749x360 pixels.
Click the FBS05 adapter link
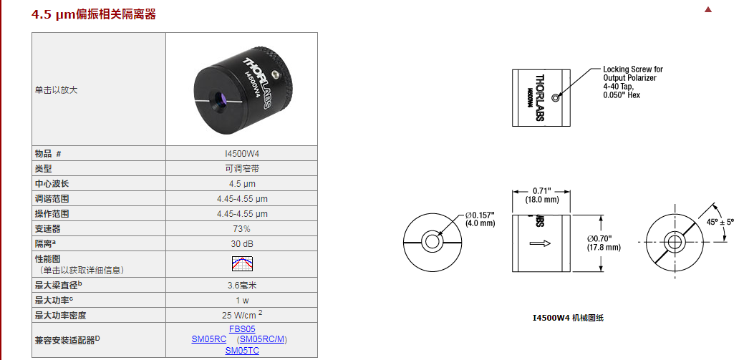click(x=242, y=329)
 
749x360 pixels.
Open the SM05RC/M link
click(x=263, y=339)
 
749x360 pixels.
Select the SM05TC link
click(x=242, y=351)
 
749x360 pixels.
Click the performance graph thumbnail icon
click(x=242, y=263)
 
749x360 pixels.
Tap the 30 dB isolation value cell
click(x=242, y=243)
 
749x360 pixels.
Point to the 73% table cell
click(x=242, y=229)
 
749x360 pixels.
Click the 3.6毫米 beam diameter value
click(x=242, y=285)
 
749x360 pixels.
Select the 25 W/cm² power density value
click(x=242, y=315)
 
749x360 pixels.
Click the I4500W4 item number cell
click(x=242, y=153)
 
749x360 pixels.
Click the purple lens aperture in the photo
click(x=220, y=99)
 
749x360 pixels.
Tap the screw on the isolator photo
click(x=275, y=74)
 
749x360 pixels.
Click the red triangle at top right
click(x=708, y=9)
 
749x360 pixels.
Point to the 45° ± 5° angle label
click(x=720, y=222)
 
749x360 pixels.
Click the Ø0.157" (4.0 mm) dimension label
click(x=480, y=219)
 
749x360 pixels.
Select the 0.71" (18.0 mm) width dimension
click(x=541, y=196)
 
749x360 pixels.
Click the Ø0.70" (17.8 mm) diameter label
click(x=604, y=243)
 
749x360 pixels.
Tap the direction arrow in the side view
click(x=540, y=243)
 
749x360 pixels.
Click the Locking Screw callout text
click(x=633, y=82)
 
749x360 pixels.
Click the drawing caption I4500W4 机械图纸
click(x=568, y=318)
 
